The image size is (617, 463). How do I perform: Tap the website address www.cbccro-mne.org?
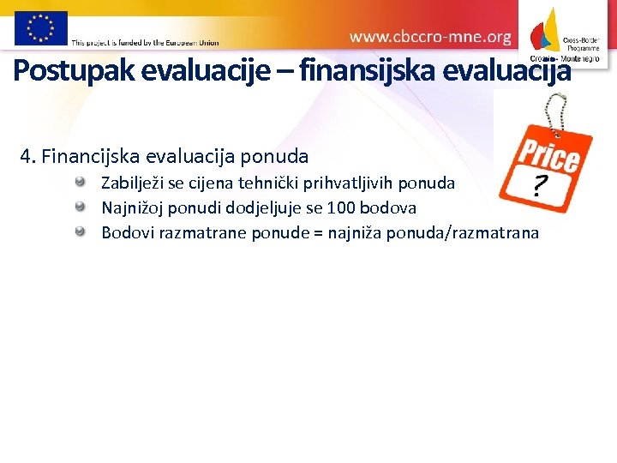coord(430,37)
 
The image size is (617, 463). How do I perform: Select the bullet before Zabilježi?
coord(80,182)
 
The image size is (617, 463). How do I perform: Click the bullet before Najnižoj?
coord(80,207)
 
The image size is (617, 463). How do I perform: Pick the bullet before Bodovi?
coord(80,231)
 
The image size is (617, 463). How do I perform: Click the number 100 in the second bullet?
coord(344,207)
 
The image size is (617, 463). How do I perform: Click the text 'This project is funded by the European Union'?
coord(145,41)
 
